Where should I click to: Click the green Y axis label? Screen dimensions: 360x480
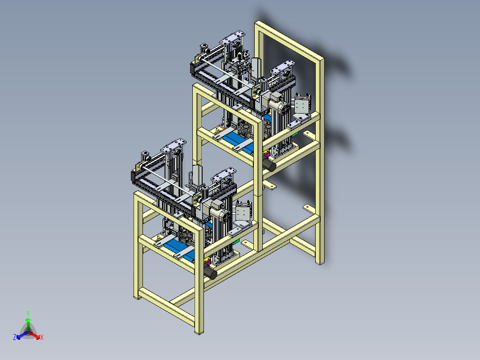click(x=28, y=313)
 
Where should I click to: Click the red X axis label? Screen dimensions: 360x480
click(x=41, y=338)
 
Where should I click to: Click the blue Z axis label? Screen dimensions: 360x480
click(x=15, y=338)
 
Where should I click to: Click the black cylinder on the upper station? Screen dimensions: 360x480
click(x=269, y=166)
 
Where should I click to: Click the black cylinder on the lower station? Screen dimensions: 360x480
click(x=210, y=271)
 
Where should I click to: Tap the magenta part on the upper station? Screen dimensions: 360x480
click(x=267, y=155)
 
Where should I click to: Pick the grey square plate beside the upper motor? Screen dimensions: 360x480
click(x=302, y=106)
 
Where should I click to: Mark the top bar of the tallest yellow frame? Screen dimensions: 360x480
click(x=289, y=42)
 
